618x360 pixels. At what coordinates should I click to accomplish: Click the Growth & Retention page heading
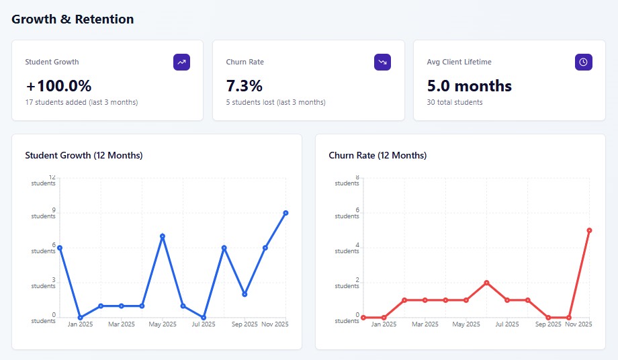click(73, 19)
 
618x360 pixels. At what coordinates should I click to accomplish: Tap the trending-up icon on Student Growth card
click(181, 62)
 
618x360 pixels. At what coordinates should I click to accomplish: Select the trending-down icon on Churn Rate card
click(382, 62)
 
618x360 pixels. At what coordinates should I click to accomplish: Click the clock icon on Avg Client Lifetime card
click(583, 62)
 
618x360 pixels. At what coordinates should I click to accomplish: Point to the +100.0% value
click(58, 86)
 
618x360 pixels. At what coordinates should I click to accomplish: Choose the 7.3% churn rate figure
click(245, 86)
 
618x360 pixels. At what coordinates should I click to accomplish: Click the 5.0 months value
click(470, 86)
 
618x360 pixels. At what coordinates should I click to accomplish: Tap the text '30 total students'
click(455, 102)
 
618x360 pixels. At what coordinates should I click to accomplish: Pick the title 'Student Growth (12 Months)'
click(84, 155)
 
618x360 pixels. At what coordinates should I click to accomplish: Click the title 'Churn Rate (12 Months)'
click(378, 155)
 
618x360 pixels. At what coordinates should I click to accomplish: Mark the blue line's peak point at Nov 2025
click(285, 213)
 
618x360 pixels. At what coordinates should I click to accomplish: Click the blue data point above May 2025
click(163, 236)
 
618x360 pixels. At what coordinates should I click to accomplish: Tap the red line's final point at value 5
click(589, 230)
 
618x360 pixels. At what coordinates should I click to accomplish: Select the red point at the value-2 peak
click(486, 283)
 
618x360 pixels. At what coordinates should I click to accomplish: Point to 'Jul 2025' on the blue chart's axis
click(204, 324)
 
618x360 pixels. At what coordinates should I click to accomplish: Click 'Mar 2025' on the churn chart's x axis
click(425, 324)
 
